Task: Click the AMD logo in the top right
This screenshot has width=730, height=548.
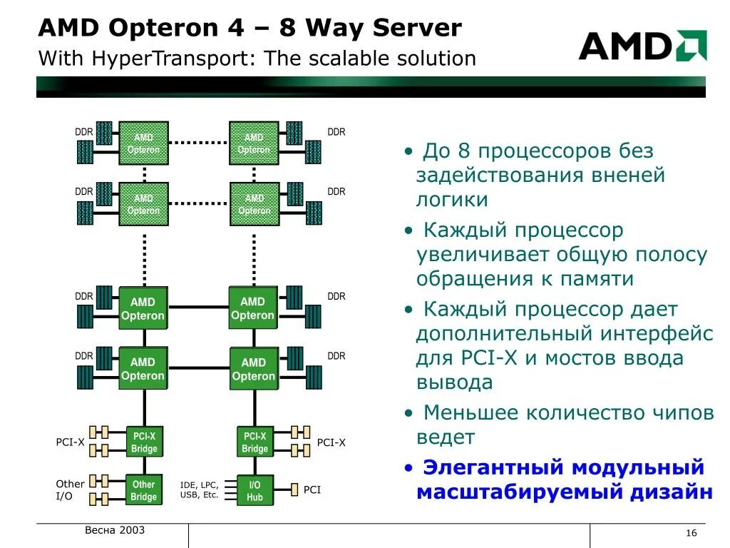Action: pos(642,46)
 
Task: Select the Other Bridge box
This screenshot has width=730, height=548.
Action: pos(143,490)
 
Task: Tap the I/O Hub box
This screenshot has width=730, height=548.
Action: pos(255,490)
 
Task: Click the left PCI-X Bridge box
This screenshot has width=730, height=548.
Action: pos(144,442)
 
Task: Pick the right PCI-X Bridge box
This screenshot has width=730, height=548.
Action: pos(255,442)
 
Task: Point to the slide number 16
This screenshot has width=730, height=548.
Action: pos(691,534)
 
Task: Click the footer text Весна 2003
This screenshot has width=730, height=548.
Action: pos(115,530)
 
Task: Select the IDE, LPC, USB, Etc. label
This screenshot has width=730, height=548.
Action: pos(200,489)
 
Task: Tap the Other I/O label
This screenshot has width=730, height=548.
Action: pos(70,489)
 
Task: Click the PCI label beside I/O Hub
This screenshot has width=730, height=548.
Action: pos(312,489)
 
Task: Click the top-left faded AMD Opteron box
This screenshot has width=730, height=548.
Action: pos(144,143)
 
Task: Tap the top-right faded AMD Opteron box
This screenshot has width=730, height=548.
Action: pos(254,143)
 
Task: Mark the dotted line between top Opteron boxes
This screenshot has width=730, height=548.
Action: pos(199,143)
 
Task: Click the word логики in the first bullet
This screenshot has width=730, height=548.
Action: pos(452,200)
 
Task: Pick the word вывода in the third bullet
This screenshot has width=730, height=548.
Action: pos(454,382)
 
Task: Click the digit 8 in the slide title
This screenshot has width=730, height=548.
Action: pos(287,29)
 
